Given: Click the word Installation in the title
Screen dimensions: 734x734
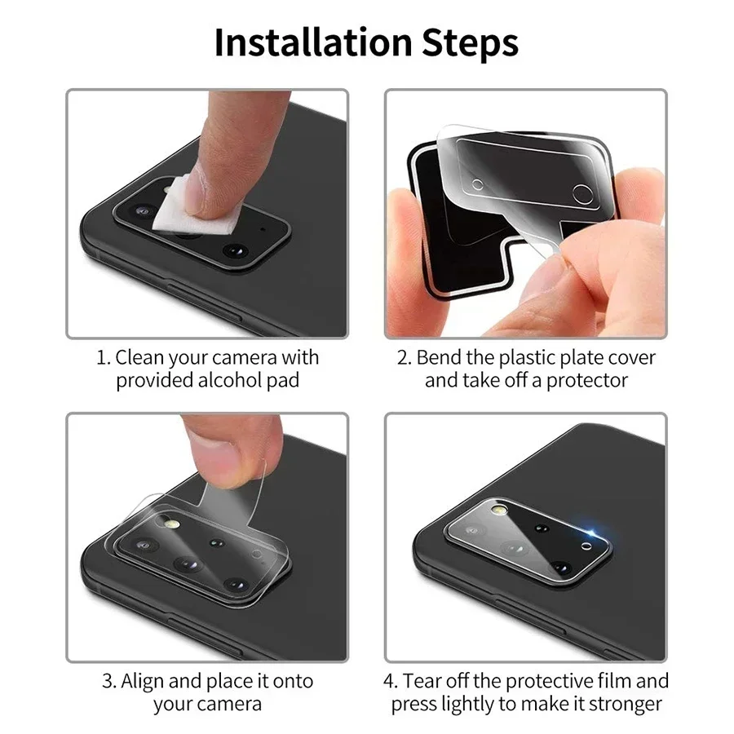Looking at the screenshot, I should (x=314, y=42).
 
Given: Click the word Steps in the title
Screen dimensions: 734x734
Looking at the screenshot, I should (x=469, y=42).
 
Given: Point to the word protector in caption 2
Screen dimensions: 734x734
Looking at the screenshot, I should (x=587, y=380).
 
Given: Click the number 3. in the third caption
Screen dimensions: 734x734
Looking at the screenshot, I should (x=109, y=680).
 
